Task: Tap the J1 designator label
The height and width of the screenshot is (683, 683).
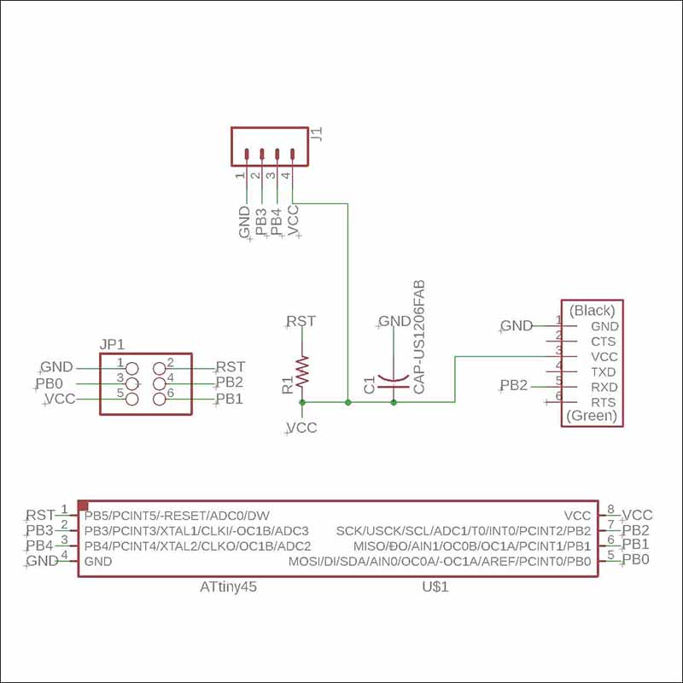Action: [318, 134]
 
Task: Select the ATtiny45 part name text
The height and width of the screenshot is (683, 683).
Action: [229, 588]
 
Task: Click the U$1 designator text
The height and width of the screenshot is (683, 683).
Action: [435, 588]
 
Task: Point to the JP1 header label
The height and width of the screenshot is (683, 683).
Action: [113, 345]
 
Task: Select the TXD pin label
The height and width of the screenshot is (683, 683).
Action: [603, 372]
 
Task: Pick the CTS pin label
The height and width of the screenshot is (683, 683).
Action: [603, 341]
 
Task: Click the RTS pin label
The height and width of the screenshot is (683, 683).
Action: [603, 402]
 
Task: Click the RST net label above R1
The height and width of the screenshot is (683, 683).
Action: [301, 321]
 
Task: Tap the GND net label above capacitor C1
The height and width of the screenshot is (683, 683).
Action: [394, 321]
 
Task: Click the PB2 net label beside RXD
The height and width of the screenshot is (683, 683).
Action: [514, 386]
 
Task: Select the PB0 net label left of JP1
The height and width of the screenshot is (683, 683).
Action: [50, 383]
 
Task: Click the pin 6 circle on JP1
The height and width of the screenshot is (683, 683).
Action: [159, 399]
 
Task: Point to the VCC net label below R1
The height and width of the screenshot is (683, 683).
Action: [302, 428]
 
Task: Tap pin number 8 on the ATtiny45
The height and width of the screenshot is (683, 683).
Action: [611, 510]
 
